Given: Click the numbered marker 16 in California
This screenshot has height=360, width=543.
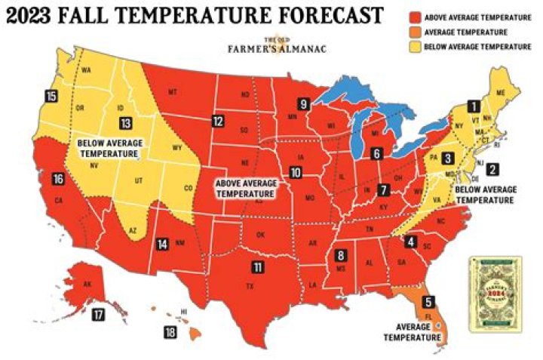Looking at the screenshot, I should click(59, 179).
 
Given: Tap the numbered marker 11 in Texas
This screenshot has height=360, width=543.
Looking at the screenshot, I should click(258, 267).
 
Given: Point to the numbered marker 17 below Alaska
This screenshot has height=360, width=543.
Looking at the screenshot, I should click(97, 315).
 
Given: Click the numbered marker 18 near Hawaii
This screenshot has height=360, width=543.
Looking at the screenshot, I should click(171, 331).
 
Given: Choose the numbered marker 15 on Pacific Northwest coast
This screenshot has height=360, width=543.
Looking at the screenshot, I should click(51, 96).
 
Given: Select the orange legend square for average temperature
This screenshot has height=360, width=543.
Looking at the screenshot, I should click(415, 32).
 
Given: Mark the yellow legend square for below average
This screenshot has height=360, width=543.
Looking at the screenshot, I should click(415, 47).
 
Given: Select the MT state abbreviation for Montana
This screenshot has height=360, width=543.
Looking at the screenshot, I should click(172, 92).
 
